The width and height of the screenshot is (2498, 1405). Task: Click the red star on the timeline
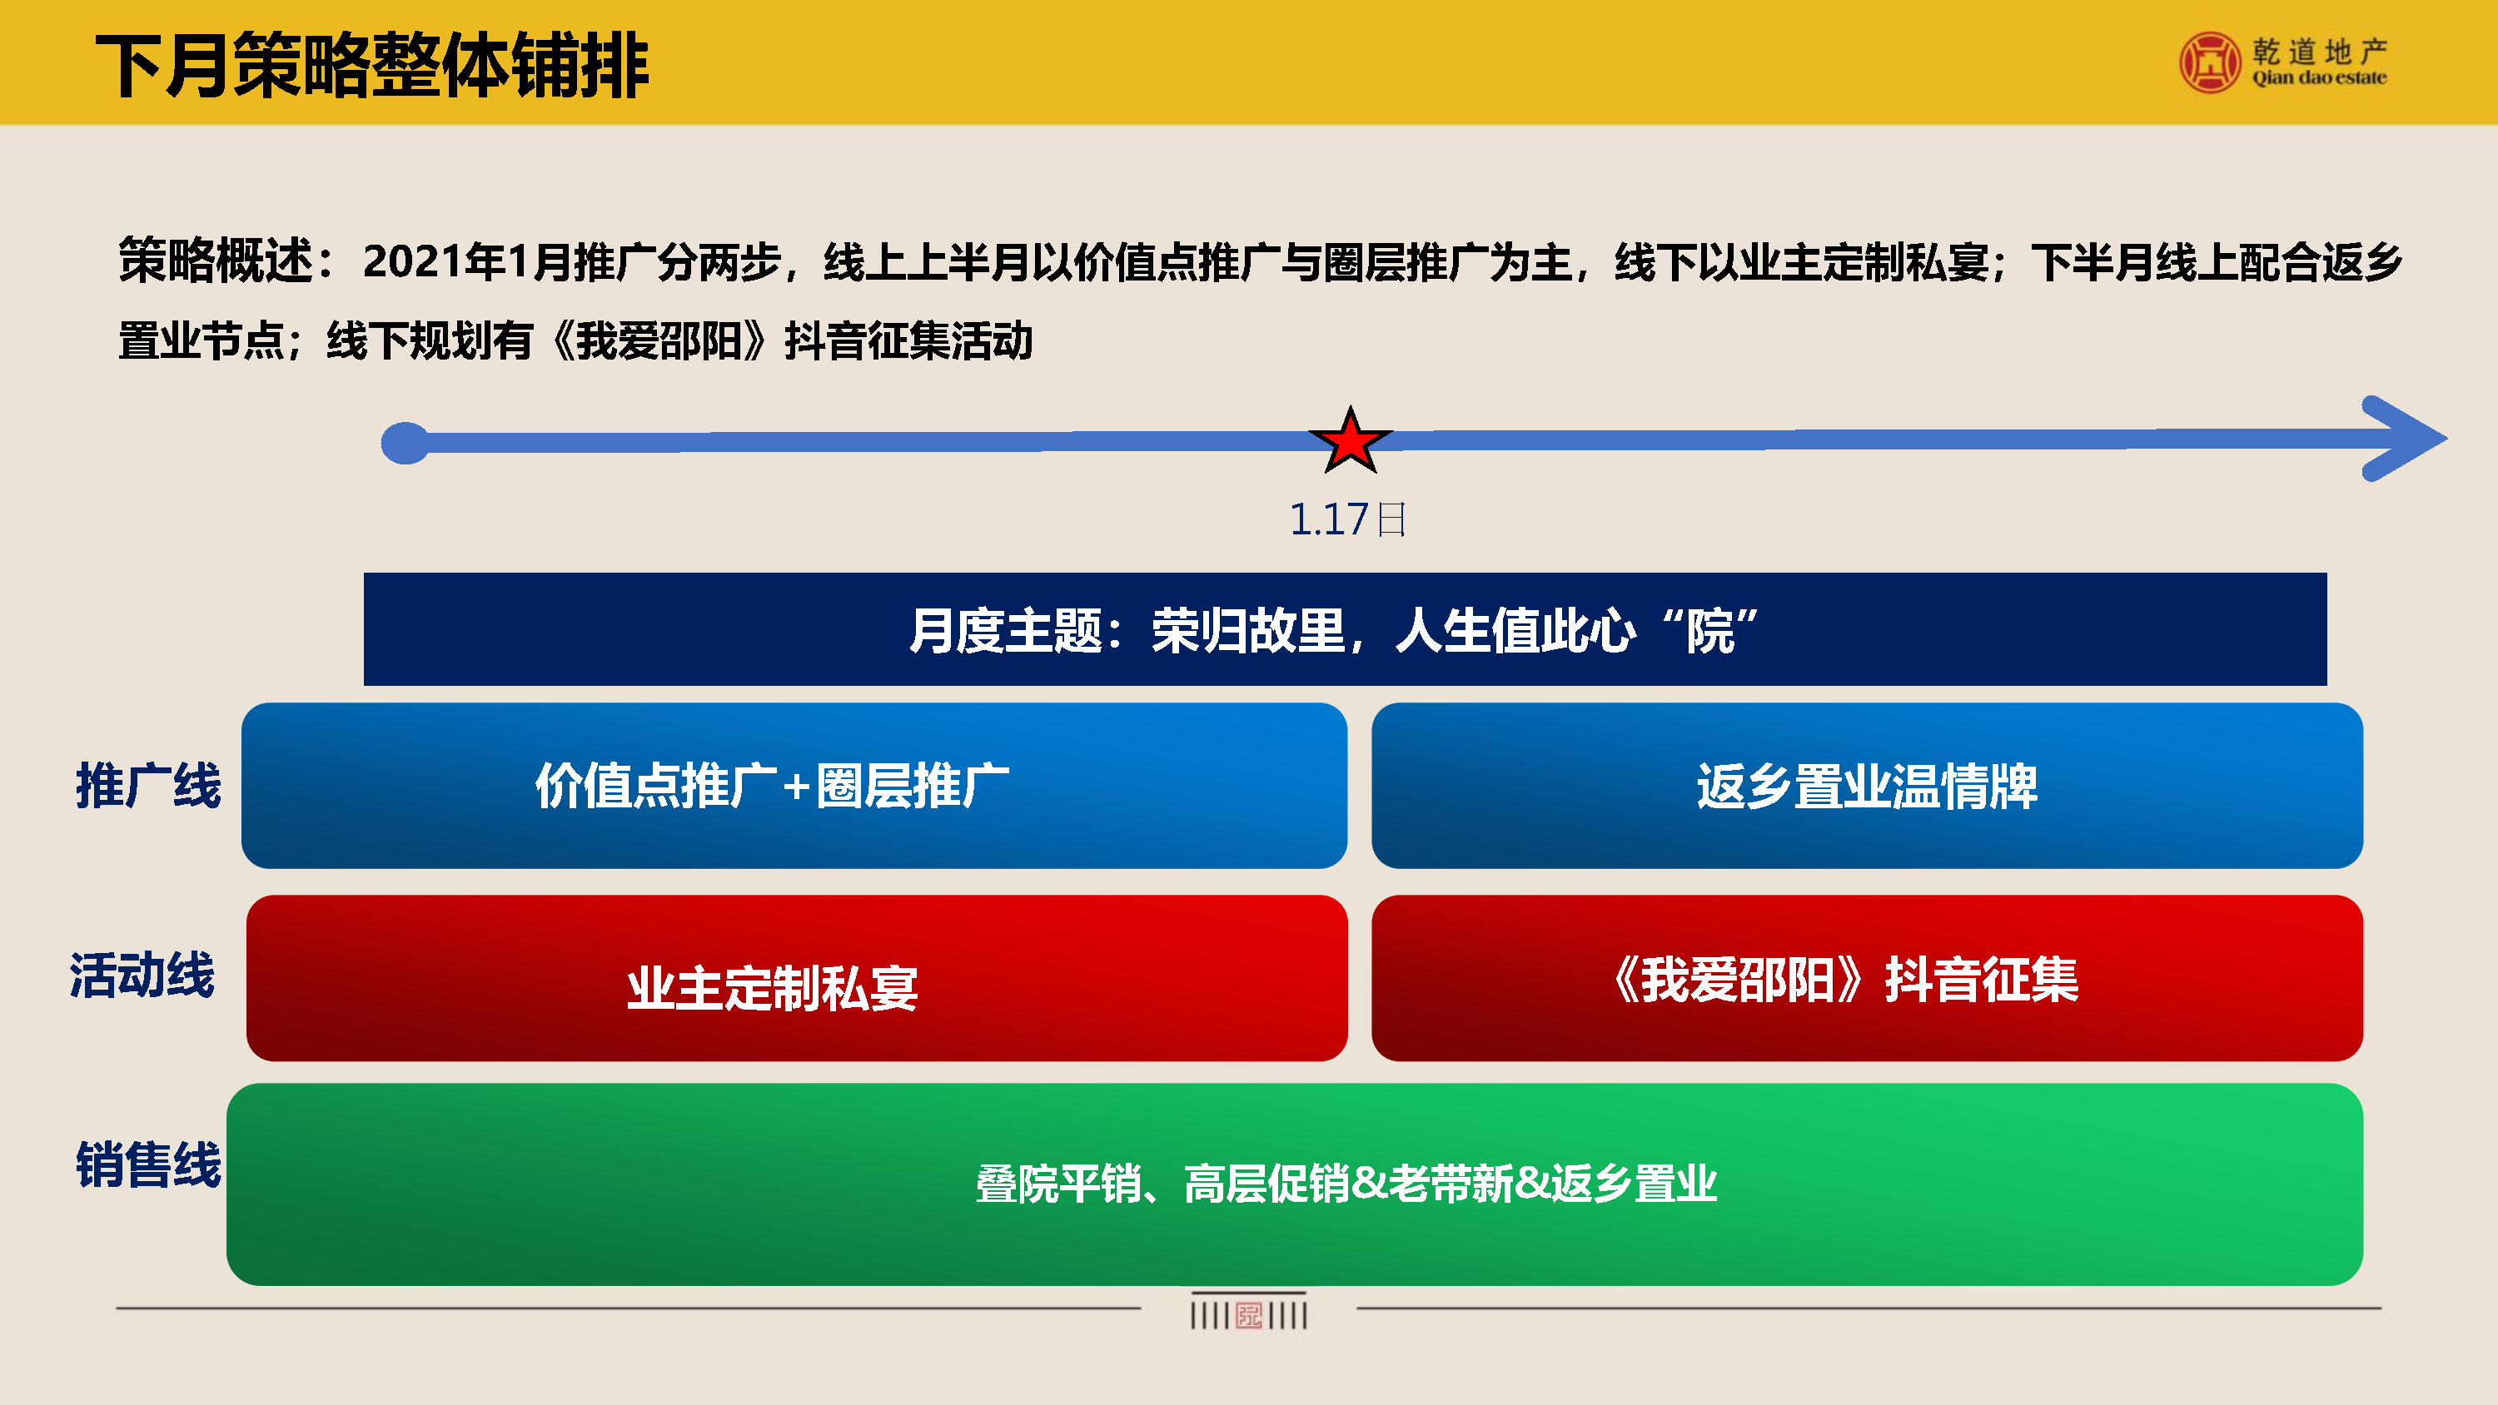pyautogui.click(x=1350, y=440)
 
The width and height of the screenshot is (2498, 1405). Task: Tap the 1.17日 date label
pyautogui.click(x=1348, y=519)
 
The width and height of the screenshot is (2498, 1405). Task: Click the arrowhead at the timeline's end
pyautogui.click(x=2405, y=439)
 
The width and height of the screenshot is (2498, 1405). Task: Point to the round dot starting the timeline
pyautogui.click(x=406, y=443)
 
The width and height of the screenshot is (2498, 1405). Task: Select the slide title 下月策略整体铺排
pyautogui.click(x=372, y=65)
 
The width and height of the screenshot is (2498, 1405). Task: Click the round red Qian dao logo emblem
pyautogui.click(x=2210, y=62)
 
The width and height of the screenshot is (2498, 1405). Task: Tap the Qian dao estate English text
pyautogui.click(x=2319, y=77)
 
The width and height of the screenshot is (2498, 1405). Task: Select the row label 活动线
pyautogui.click(x=142, y=975)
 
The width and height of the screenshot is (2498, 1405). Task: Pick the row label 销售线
pyautogui.click(x=148, y=1164)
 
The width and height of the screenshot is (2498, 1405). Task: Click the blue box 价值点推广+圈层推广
pyautogui.click(x=794, y=786)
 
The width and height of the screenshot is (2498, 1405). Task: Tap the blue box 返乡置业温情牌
pyautogui.click(x=1867, y=786)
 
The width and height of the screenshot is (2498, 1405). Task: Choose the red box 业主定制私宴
pyautogui.click(x=797, y=977)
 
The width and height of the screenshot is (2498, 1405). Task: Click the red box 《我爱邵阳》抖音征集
pyautogui.click(x=1867, y=977)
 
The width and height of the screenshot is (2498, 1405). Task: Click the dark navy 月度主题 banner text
pyautogui.click(x=1334, y=630)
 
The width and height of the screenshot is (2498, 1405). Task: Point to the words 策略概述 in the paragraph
pyautogui.click(x=216, y=261)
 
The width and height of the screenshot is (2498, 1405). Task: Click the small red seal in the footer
pyautogui.click(x=1249, y=1316)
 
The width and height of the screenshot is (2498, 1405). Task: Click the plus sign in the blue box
pyautogui.click(x=796, y=787)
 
